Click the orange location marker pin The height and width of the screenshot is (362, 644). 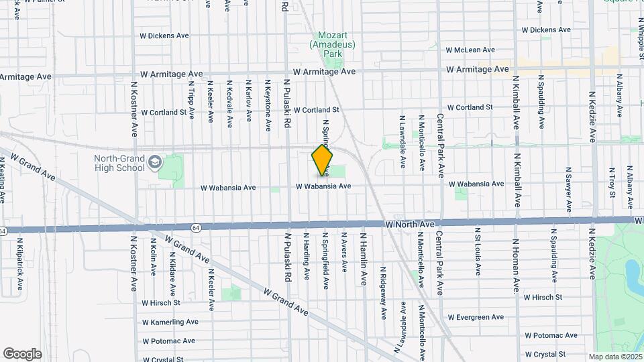[322, 160]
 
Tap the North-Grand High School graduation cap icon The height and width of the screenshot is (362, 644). [155, 162]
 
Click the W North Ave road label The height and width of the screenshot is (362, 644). [411, 224]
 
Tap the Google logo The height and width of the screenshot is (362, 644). [22, 353]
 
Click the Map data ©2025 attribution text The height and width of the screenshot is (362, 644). [614, 357]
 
